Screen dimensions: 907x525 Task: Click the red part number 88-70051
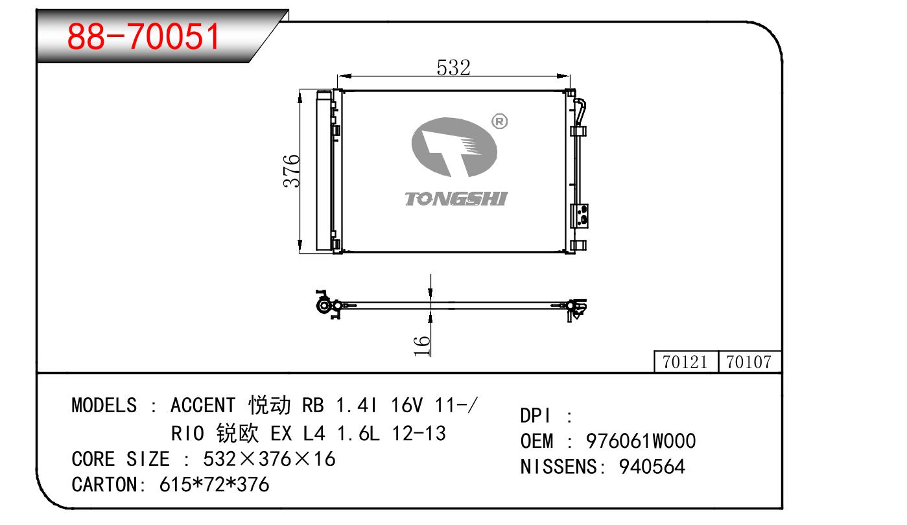[x=143, y=36]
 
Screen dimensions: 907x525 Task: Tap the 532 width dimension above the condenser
[x=454, y=67]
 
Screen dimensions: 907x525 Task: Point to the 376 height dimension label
[x=291, y=171]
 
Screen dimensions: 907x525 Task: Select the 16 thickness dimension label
[x=421, y=345]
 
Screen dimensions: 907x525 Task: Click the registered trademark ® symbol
[x=500, y=121]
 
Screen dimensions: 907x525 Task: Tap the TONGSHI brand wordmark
[x=456, y=199]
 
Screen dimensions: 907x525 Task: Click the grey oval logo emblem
[x=454, y=147]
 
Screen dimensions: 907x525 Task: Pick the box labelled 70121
[x=686, y=362]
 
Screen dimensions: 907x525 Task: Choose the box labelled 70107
[x=749, y=362]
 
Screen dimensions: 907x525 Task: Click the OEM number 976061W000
[x=641, y=441]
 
